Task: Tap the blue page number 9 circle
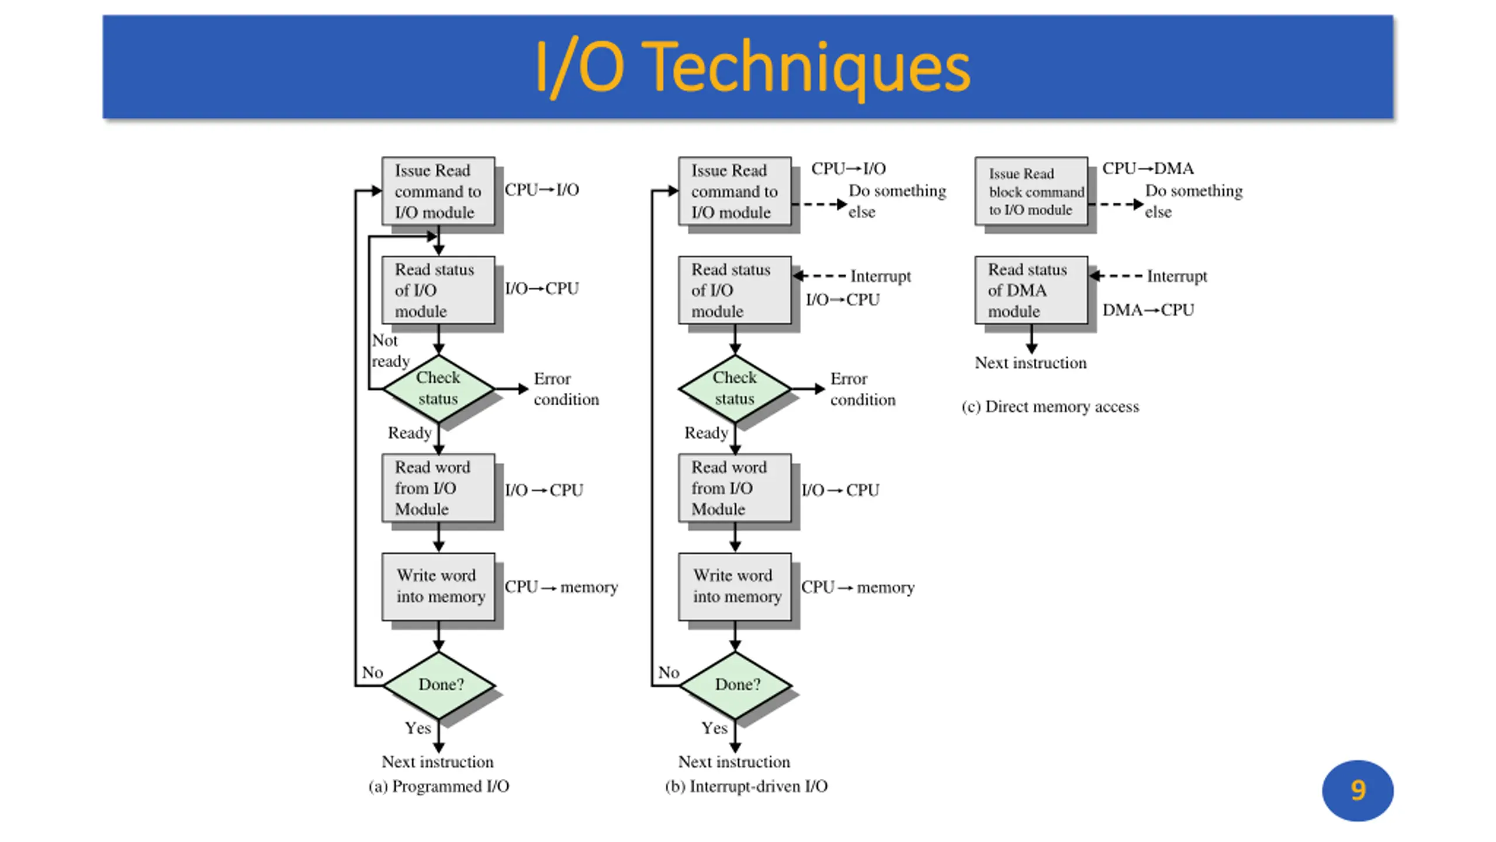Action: coord(1358,790)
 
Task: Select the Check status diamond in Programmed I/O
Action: coord(438,388)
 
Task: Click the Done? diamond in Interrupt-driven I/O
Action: coord(735,685)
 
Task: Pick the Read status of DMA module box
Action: coord(1031,290)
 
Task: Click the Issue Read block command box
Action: coord(1031,191)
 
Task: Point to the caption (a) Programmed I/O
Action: coord(439,786)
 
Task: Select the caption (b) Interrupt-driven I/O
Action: coord(746,786)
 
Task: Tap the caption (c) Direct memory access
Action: coord(1050,406)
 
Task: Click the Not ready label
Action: coord(390,350)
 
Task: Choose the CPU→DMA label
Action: coord(1148,168)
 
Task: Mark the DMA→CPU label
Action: coord(1148,310)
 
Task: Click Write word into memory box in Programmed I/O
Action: coord(438,586)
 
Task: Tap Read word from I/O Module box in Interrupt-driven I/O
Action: coord(735,488)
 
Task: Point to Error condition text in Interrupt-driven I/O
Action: coord(863,389)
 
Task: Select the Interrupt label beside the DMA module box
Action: coord(1176,276)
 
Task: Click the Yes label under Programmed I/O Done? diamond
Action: coord(418,728)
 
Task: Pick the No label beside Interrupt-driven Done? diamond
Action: coord(669,672)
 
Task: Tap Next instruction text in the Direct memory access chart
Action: coord(1031,363)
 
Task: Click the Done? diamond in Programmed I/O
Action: coord(438,685)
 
